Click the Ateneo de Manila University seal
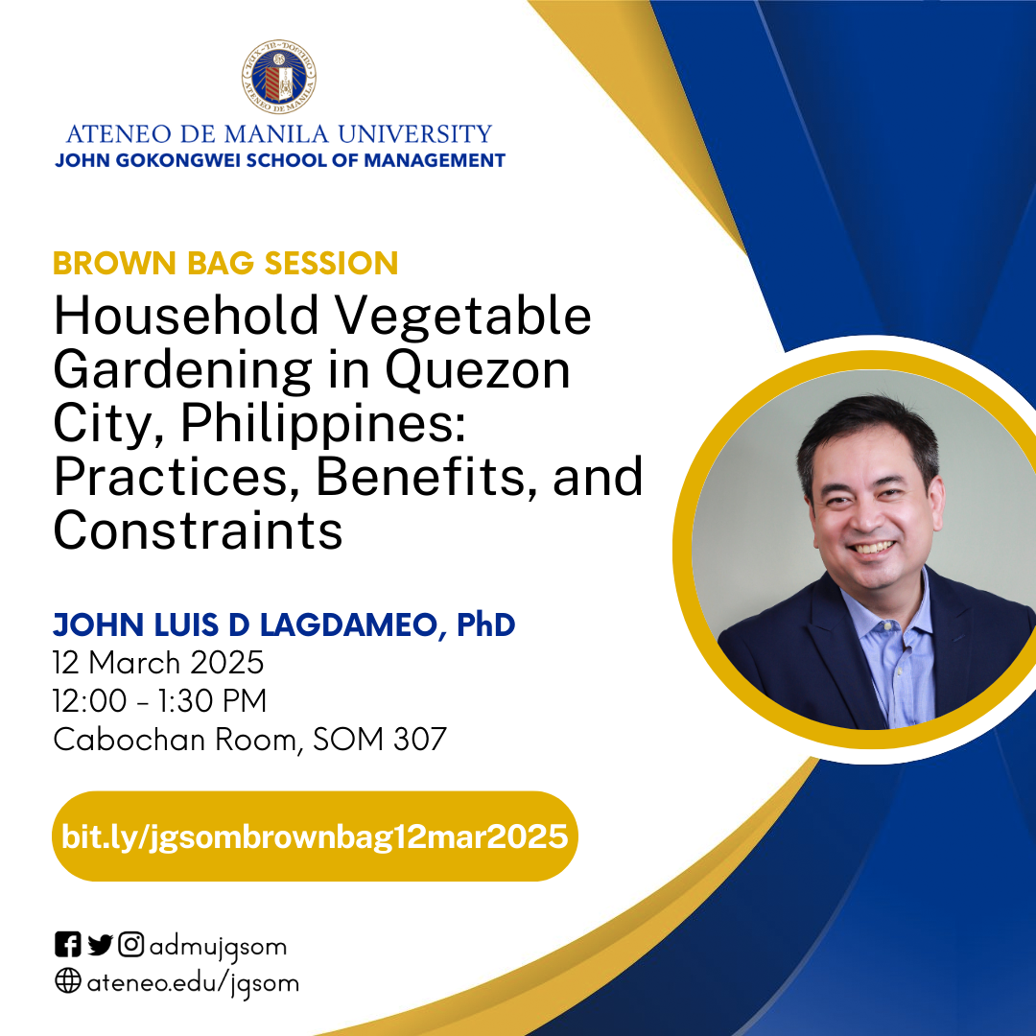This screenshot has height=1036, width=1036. (x=279, y=77)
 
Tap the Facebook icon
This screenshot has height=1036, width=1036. (x=67, y=944)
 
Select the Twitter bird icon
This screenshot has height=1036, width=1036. (x=100, y=945)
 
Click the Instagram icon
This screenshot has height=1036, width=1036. (x=130, y=944)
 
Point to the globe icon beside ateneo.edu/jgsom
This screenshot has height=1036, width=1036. (x=67, y=981)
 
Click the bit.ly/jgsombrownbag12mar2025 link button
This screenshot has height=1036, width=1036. (x=315, y=836)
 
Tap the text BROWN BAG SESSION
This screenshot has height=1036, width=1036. (x=225, y=263)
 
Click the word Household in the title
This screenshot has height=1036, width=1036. (x=186, y=316)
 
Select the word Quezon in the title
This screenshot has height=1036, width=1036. (x=478, y=371)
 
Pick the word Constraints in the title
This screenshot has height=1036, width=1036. (x=199, y=530)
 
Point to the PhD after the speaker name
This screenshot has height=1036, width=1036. (x=485, y=624)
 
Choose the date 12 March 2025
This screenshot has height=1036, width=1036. (x=158, y=663)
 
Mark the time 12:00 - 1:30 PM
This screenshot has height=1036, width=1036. (x=160, y=701)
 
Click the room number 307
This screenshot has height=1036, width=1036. (x=420, y=740)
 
